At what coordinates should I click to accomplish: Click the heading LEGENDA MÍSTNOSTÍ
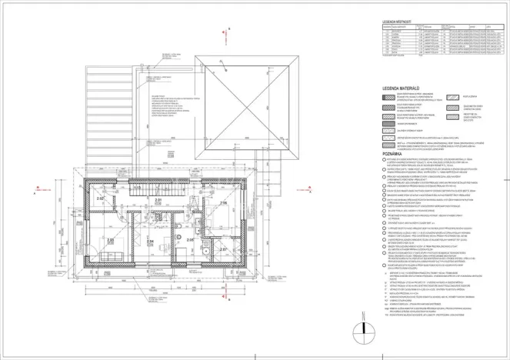point(397,22)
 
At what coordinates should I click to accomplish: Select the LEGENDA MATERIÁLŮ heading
point(404,89)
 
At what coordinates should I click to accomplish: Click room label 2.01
point(158,201)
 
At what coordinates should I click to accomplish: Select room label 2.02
point(99,198)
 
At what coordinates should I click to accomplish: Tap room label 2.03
point(111,240)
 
